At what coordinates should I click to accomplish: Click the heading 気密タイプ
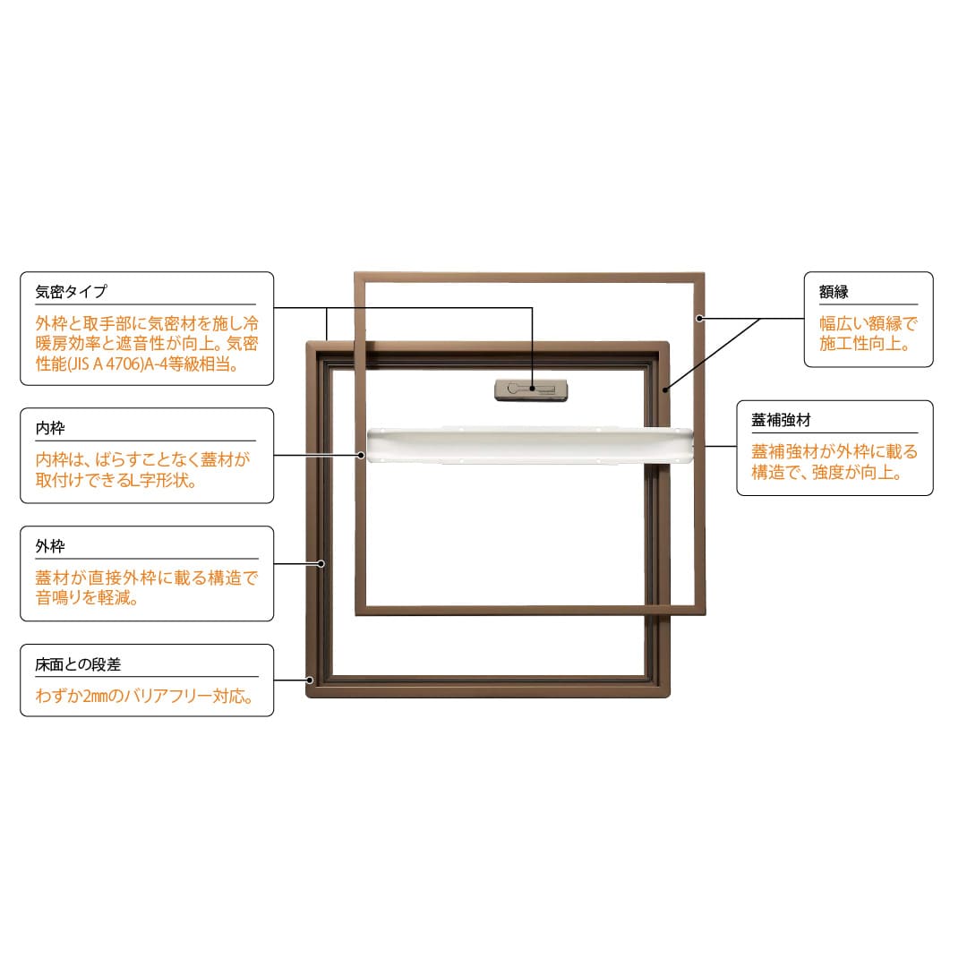pyautogui.click(x=71, y=292)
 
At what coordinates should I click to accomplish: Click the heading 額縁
pyautogui.click(x=833, y=292)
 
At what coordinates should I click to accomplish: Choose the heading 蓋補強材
pyautogui.click(x=781, y=420)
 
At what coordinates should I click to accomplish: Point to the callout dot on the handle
pyautogui.click(x=533, y=389)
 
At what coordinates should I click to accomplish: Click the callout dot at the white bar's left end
pyautogui.click(x=363, y=456)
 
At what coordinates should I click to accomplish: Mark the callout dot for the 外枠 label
pyautogui.click(x=321, y=564)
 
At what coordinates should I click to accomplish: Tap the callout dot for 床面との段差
pyautogui.click(x=310, y=680)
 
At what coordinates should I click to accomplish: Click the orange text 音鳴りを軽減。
pyautogui.click(x=86, y=600)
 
